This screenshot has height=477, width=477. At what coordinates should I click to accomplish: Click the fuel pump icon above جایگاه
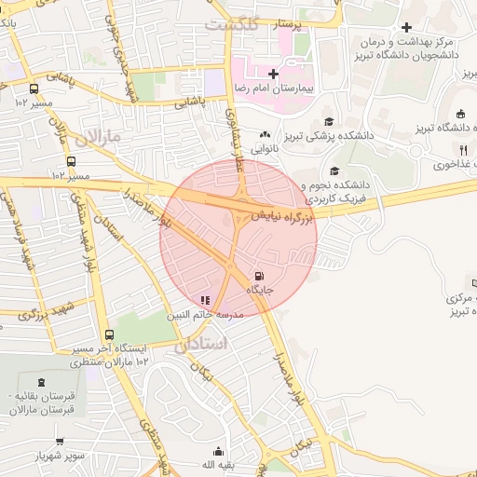click(258, 276)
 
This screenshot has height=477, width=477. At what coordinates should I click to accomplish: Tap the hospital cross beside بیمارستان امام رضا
click(272, 73)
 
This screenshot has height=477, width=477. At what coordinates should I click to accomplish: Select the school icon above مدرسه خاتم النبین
click(205, 300)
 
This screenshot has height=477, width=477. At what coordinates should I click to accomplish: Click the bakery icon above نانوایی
click(266, 134)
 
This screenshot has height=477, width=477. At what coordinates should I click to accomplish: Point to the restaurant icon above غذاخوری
click(462, 149)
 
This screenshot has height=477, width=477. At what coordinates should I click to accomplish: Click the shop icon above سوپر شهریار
click(61, 442)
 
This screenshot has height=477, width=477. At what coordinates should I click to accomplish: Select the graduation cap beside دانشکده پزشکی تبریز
click(328, 121)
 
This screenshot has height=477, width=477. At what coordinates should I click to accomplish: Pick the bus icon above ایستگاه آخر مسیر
click(110, 335)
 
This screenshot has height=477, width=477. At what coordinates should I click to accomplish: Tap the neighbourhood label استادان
click(199, 344)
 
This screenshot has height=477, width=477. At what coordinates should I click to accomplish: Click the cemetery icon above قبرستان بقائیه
click(41, 382)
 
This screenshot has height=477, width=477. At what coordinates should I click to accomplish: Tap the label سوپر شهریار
click(58, 457)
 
